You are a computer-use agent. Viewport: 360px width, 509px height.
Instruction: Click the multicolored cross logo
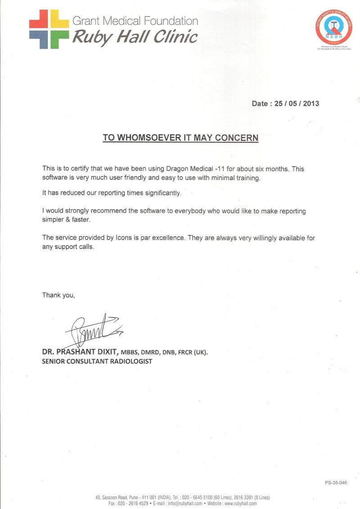[49, 29]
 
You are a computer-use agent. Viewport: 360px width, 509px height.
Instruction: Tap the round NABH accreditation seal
[333, 28]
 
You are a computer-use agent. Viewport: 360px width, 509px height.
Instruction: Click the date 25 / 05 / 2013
[297, 104]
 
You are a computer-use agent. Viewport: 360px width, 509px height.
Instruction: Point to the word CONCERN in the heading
[237, 138]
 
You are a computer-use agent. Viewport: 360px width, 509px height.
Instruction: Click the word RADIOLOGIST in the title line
[127, 361]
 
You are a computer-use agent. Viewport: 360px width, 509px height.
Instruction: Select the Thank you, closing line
[58, 295]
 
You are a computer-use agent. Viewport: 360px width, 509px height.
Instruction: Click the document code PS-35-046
[336, 483]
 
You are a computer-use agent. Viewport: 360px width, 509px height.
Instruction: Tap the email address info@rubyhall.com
[185, 503]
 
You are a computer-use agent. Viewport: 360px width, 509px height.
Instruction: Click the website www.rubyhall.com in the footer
[240, 503]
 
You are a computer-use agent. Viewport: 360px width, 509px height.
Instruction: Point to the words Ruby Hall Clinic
[135, 37]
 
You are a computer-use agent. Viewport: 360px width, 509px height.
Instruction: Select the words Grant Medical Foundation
[135, 21]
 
